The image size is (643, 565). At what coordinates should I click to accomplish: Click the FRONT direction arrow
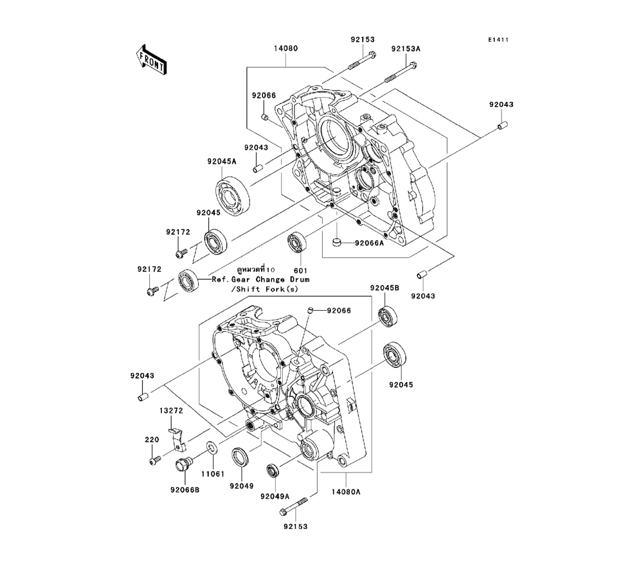coord(152,58)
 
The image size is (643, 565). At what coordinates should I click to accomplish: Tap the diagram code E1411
coord(498,39)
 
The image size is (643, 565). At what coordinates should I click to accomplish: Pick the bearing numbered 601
coord(298,242)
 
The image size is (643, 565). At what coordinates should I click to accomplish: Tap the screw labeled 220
coord(154,460)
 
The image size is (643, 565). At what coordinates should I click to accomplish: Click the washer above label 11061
coord(211,447)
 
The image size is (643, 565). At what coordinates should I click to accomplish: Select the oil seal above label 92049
coord(240,456)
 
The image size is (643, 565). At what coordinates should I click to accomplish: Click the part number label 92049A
coord(275,496)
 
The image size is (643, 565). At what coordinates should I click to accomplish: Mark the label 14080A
coord(347,492)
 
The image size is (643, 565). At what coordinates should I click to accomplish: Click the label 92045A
coord(222,161)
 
